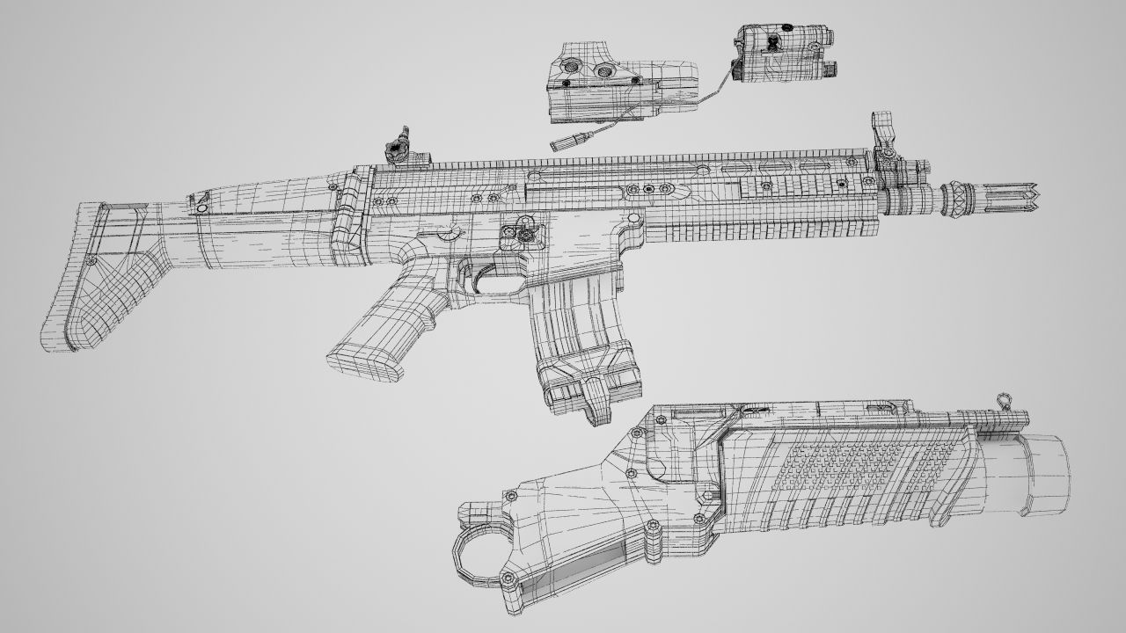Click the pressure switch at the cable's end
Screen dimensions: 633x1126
[563, 142]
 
